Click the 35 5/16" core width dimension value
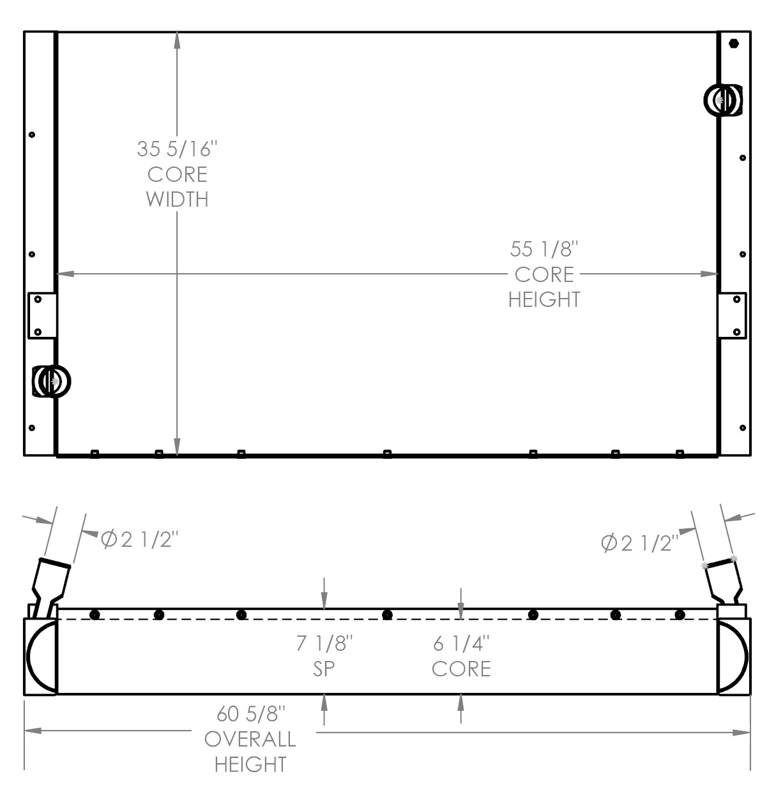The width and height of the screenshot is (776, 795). [177, 149]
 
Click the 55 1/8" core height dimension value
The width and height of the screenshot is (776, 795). [544, 248]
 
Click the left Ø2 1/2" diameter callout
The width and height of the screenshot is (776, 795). [139, 540]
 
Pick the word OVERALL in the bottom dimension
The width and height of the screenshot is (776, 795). [250, 739]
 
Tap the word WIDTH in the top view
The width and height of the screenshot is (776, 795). [177, 199]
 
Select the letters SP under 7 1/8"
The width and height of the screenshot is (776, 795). [324, 668]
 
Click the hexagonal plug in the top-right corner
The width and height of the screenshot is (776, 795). [733, 43]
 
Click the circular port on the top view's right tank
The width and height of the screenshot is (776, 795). [722, 100]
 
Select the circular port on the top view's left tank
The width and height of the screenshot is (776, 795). [52, 382]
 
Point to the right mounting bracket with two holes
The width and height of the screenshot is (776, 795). [732, 315]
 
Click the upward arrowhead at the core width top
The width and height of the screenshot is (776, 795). [177, 40]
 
